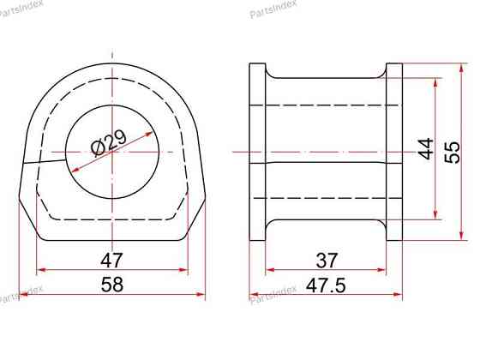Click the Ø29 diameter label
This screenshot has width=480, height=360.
[x=110, y=142]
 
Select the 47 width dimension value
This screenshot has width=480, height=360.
[x=111, y=261]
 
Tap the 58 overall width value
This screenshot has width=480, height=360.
[x=112, y=285]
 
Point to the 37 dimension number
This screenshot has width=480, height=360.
[x=327, y=261]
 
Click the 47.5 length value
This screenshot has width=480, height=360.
[x=326, y=285]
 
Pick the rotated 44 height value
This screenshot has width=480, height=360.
[x=426, y=149]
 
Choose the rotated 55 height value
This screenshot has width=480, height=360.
[x=453, y=153]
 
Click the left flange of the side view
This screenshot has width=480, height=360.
[x=257, y=152]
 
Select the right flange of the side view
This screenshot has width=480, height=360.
[x=394, y=152]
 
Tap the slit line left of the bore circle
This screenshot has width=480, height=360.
[x=45, y=161]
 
